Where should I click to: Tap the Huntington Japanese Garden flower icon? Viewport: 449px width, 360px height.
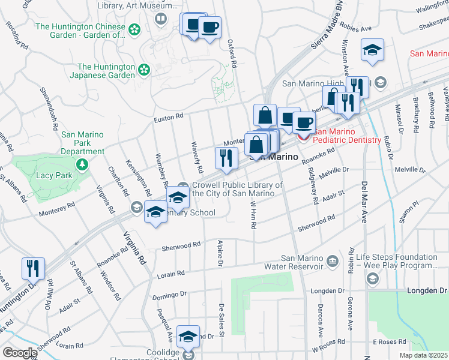coord(144,70)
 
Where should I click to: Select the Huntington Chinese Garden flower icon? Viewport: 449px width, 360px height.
coord(134,29)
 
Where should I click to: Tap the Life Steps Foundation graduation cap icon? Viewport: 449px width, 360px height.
coord(372,278)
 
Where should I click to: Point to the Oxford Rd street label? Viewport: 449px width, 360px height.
coord(231,53)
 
